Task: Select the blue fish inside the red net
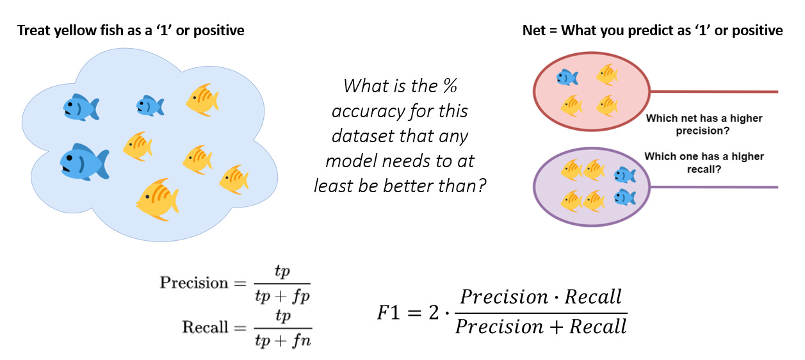pos(567,78)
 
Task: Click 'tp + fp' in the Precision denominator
pos(282,295)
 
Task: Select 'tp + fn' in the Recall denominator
pos(282,340)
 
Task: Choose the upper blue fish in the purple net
pos(624,174)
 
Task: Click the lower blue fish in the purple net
pos(624,197)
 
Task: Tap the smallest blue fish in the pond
pos(150,106)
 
